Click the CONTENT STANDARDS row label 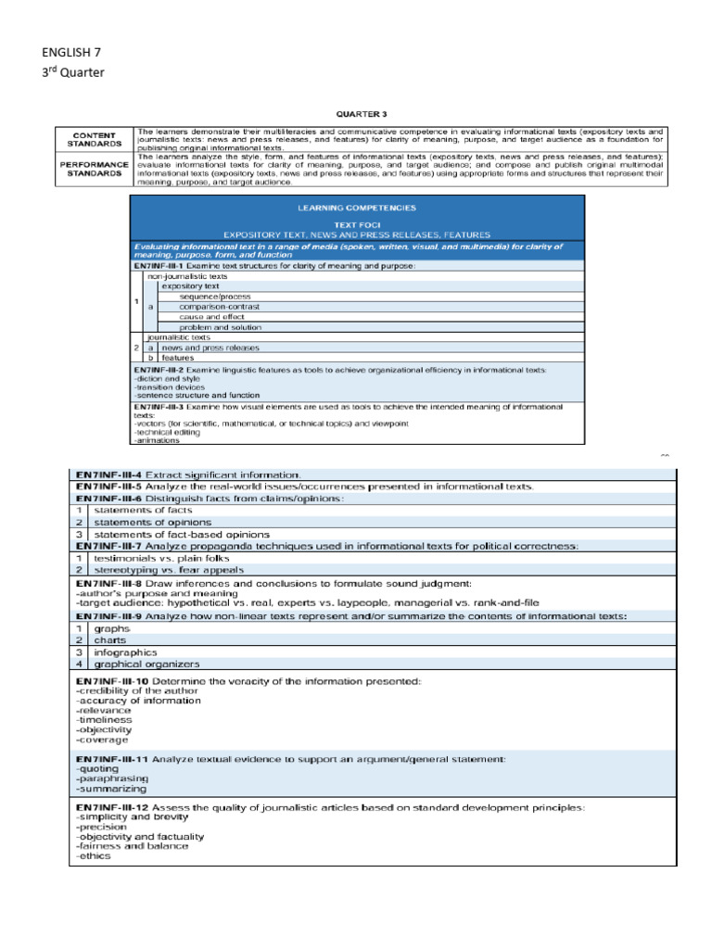(x=95, y=139)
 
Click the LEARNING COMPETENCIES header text (x=357, y=208)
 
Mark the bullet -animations (x=157, y=440)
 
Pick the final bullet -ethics (x=93, y=855)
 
